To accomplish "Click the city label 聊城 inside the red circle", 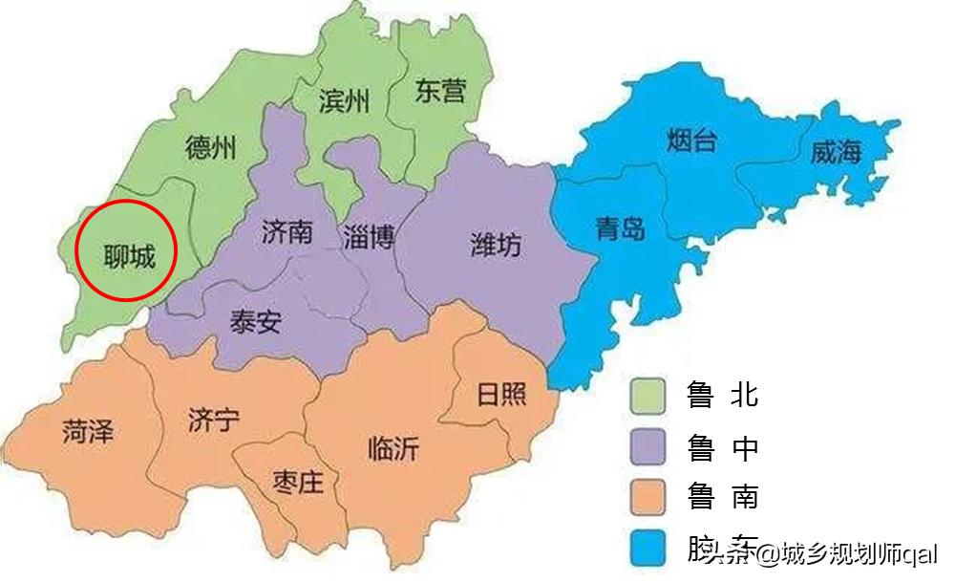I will point(129,254).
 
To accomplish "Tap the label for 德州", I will point(210,148).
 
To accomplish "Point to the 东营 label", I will point(441,91).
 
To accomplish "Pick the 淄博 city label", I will point(369,235).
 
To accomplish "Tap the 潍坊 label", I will point(496,245).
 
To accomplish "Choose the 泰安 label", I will point(255,321).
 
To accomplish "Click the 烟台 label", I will point(690,142).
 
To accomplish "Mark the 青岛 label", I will point(620,227).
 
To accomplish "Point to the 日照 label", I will point(500,393).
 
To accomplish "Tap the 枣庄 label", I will point(298,482).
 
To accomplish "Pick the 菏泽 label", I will point(88,432).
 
